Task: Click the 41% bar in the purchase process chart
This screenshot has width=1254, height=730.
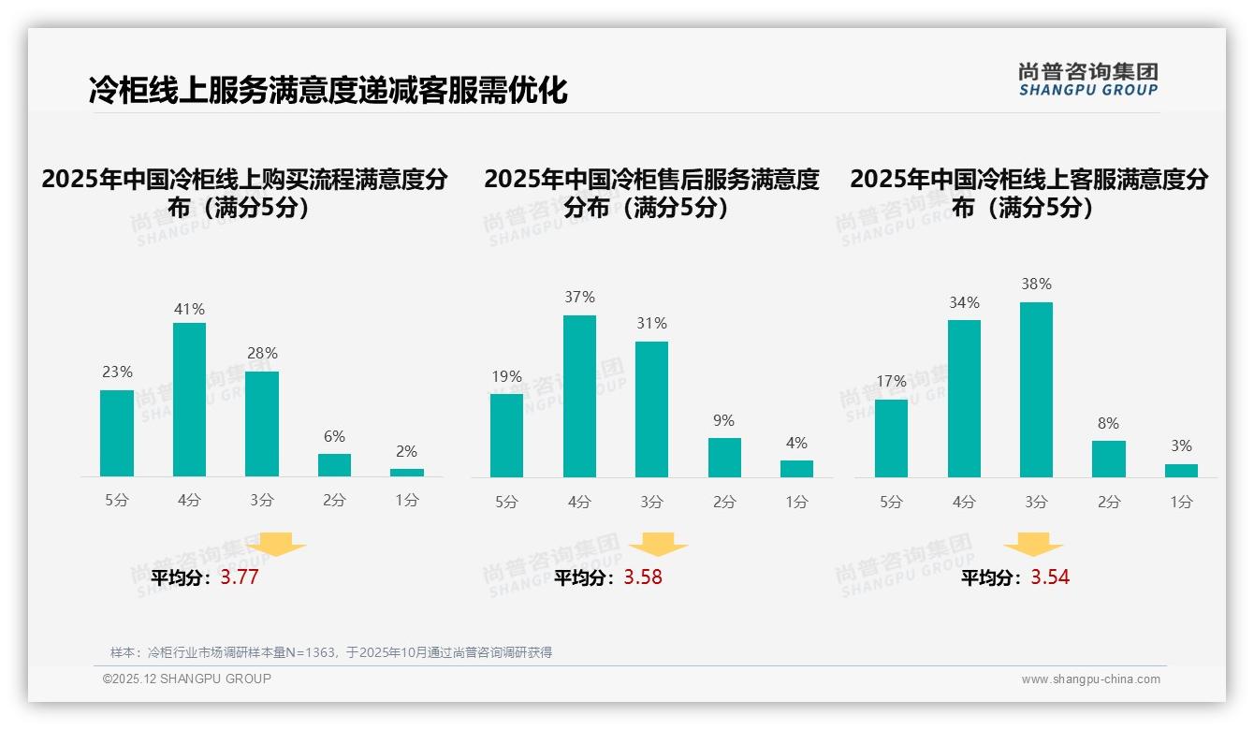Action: (189, 400)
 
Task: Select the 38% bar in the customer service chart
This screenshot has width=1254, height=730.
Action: (1036, 389)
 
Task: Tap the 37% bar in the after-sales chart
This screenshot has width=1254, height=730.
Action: (579, 396)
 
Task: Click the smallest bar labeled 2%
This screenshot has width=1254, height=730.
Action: (407, 473)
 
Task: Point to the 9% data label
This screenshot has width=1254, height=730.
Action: (723, 421)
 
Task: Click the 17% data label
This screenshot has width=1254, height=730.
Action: (891, 382)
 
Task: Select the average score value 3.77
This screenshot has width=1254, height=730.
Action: (240, 577)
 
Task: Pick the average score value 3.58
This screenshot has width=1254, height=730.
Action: (643, 577)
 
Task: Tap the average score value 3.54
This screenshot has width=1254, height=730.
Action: (1050, 577)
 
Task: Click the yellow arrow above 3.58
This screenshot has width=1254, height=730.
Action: (658, 545)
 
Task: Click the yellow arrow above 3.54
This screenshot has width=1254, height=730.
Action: (1033, 545)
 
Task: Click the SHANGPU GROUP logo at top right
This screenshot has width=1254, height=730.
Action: (1087, 80)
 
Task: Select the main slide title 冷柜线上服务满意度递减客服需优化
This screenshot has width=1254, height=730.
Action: (328, 91)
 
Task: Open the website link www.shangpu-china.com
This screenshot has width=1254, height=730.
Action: (1090, 679)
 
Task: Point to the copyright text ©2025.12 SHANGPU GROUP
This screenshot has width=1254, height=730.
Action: (186, 679)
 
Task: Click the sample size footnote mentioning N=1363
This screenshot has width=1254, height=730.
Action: (331, 652)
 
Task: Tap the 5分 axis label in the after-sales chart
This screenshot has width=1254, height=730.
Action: (506, 503)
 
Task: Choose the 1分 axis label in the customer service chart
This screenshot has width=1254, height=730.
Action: (1181, 503)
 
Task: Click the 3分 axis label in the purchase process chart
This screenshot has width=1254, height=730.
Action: (262, 501)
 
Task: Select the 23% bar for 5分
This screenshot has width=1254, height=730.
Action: (117, 433)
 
